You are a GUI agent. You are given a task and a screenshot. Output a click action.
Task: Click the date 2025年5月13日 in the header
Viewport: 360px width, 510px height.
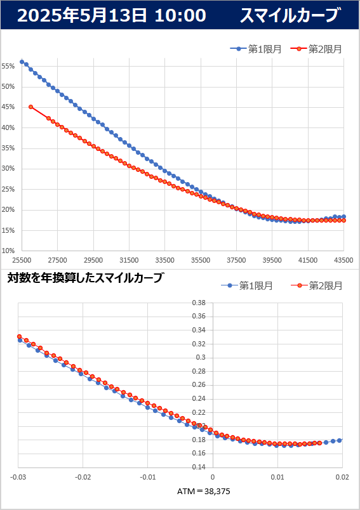(82, 15)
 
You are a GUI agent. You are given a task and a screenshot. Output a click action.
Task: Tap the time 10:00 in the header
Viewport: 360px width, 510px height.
(180, 15)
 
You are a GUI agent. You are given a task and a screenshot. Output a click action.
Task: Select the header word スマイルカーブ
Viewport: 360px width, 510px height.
(290, 15)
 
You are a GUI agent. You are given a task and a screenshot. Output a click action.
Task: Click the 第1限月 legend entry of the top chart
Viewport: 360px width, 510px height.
(256, 49)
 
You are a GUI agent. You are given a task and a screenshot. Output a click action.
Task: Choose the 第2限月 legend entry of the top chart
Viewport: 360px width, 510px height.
(316, 49)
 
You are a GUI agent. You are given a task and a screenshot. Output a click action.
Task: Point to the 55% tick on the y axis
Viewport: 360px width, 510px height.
(8, 67)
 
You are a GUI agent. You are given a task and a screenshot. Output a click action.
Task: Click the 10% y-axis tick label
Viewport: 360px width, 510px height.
(8, 251)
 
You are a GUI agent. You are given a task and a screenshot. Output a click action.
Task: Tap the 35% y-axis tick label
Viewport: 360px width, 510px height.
(8, 148)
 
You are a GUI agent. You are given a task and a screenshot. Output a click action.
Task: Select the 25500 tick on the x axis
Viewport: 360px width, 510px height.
(22, 260)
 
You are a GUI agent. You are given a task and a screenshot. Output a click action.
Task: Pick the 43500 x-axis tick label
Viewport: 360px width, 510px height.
(343, 260)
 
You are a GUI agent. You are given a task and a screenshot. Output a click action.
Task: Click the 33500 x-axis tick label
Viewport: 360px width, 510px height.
(164, 260)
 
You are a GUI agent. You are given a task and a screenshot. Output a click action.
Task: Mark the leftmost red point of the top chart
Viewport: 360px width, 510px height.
(31, 107)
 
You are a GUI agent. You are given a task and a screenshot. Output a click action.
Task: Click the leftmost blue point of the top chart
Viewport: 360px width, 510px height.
(22, 62)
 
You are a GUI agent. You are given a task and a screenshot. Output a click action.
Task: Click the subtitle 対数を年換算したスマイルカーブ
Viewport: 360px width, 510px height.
(84, 278)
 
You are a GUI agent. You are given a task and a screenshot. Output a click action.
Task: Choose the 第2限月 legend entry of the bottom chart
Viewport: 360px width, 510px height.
(316, 285)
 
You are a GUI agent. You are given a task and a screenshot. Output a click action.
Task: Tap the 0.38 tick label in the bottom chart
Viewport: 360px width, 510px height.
(199, 303)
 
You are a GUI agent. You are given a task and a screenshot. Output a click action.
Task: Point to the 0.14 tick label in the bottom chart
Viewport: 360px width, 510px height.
(199, 467)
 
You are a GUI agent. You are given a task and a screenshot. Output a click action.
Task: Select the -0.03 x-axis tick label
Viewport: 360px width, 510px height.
(18, 477)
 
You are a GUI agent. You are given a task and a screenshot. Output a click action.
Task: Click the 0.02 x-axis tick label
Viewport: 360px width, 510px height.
(342, 477)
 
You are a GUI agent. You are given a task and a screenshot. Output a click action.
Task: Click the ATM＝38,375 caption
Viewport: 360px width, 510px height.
(204, 491)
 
